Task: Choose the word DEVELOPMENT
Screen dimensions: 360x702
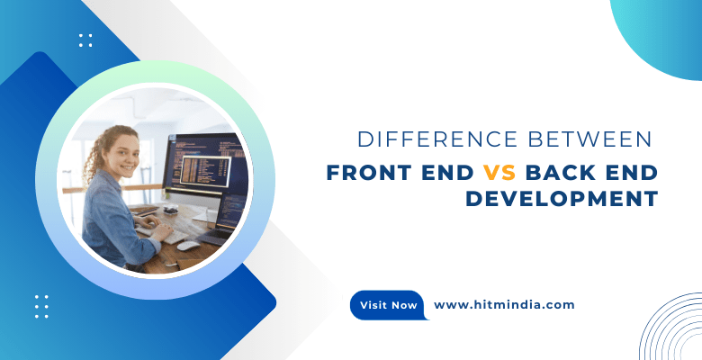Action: click(562, 198)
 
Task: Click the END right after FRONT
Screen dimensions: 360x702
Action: click(446, 171)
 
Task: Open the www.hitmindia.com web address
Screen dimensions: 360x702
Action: click(504, 304)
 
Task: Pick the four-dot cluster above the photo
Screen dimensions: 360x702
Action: click(85, 40)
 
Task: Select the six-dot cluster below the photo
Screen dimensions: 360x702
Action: click(41, 306)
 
